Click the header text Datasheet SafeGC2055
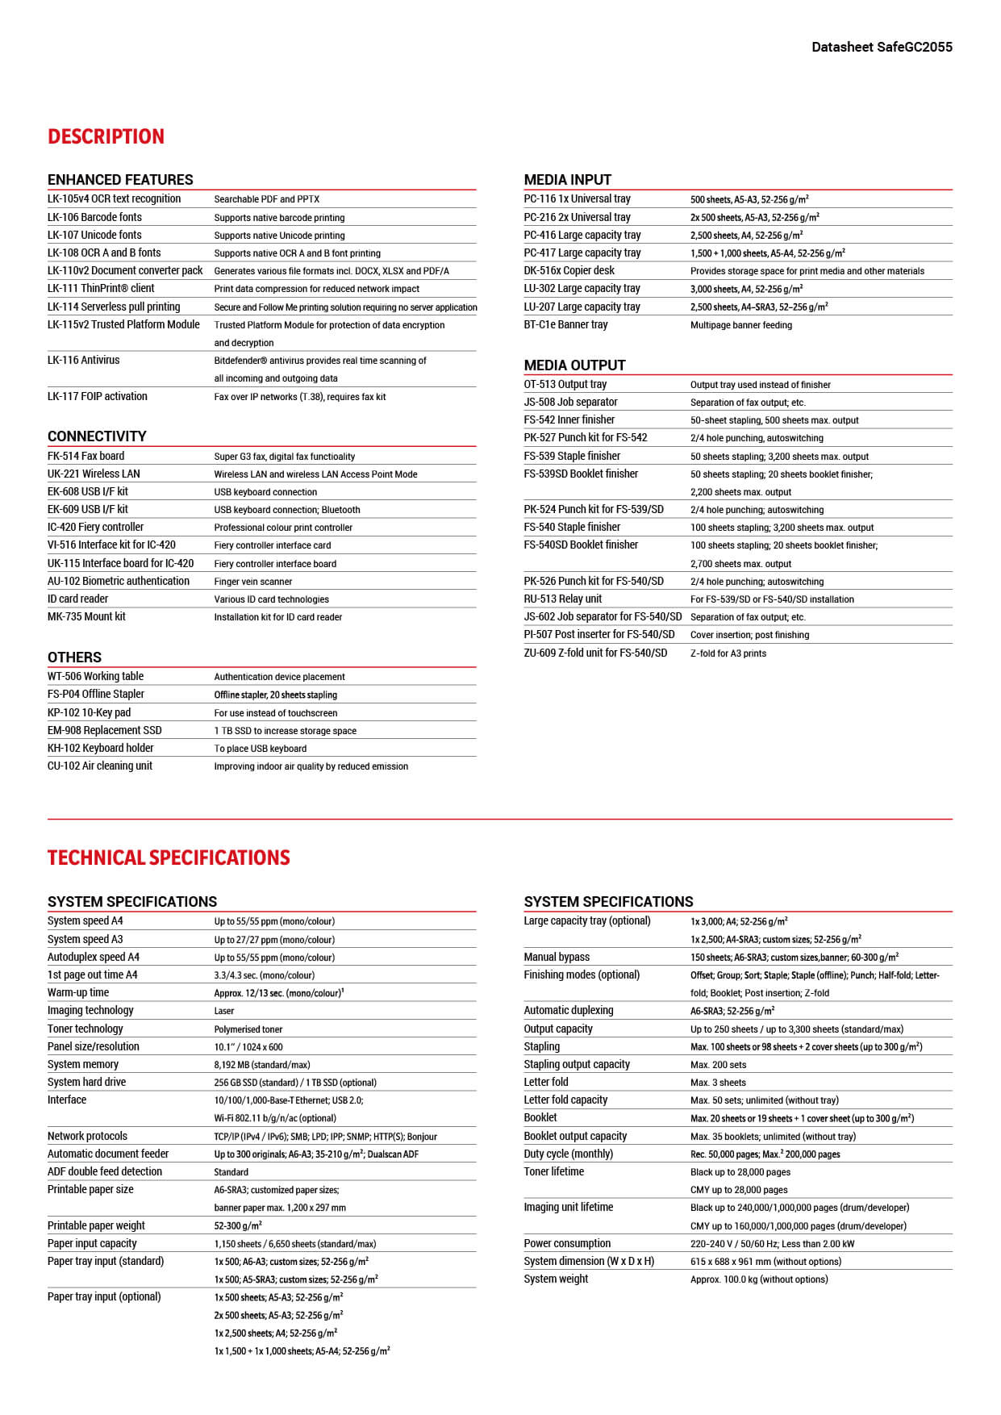point(882,47)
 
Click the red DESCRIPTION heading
point(106,136)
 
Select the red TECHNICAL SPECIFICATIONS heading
point(169,858)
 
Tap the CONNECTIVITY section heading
point(97,436)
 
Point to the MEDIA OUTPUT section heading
point(574,365)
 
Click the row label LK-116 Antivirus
point(83,360)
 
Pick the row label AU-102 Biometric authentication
point(119,581)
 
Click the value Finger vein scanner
point(252,582)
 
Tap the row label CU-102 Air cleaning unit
point(99,766)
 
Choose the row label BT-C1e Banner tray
point(565,324)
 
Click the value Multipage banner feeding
point(740,325)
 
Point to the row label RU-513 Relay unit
point(562,599)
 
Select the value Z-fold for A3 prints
point(728,653)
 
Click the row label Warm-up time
point(77,992)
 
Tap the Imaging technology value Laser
point(224,1011)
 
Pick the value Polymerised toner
point(248,1029)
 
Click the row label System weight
point(556,1279)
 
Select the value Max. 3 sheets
point(718,1083)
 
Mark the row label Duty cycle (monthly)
point(568,1154)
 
